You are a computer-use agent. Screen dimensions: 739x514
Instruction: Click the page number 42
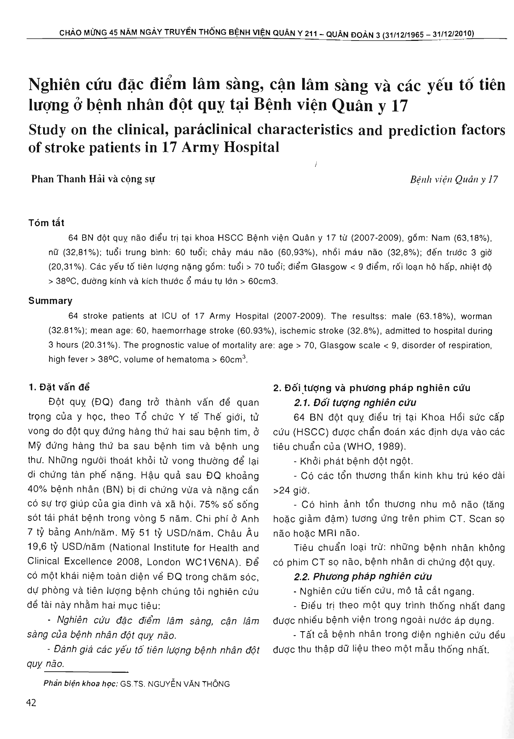tap(31, 703)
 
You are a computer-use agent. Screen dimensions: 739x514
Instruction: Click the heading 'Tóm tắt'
tap(46, 223)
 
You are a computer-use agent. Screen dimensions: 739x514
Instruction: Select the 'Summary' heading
tap(50, 301)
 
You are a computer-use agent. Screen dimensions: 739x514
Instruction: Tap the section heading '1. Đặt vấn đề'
tap(59, 387)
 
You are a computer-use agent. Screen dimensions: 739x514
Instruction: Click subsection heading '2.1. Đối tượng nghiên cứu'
tap(355, 402)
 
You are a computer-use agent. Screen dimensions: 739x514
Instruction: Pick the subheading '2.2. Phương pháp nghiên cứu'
tap(363, 576)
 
